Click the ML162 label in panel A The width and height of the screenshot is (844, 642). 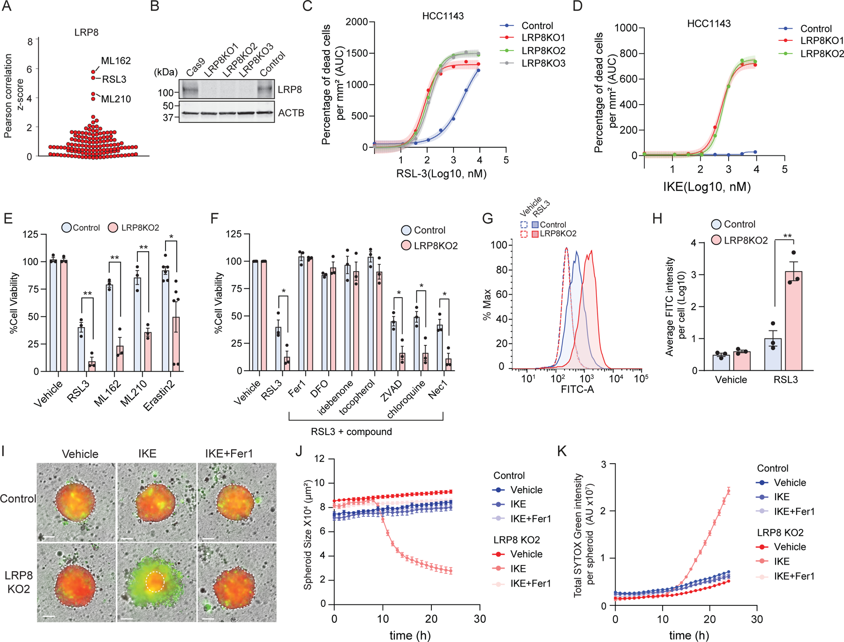tap(116, 61)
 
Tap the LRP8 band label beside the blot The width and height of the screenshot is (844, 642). tap(290, 90)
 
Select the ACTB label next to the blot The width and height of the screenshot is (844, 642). tap(291, 113)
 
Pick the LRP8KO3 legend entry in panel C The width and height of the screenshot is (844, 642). tap(543, 63)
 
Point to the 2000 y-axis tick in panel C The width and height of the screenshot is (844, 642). tap(356, 22)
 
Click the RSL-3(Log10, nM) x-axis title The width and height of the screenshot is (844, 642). tap(441, 174)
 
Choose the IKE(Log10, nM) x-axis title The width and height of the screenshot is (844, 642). tap(707, 187)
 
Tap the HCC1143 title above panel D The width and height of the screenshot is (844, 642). tap(708, 23)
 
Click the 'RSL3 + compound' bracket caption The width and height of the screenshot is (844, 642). tap(351, 432)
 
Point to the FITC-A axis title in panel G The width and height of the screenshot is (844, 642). tap(577, 389)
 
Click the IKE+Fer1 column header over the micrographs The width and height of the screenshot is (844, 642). tap(229, 454)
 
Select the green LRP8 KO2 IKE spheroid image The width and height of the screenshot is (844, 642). tap(157, 582)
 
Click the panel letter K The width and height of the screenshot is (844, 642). tap(561, 451)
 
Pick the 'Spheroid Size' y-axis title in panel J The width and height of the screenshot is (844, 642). tap(308, 535)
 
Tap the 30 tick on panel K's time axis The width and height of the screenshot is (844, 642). tap(757, 619)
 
